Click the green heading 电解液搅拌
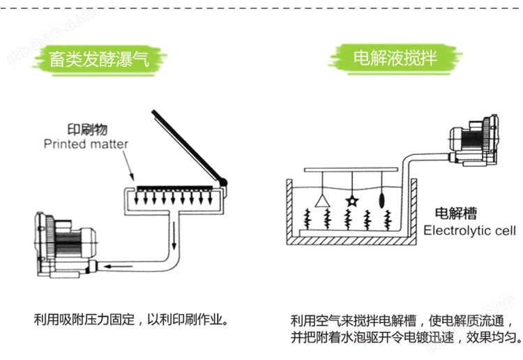click(395, 57)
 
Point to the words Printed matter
click(86, 144)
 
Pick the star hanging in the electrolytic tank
click(352, 201)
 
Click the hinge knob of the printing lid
click(223, 183)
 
